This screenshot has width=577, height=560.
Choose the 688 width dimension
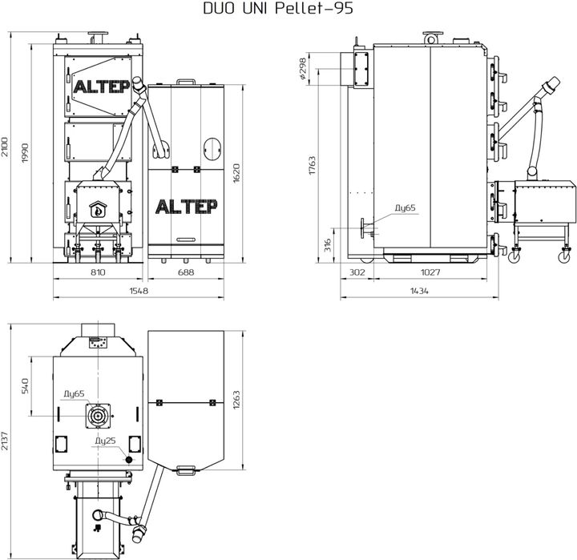[185, 274]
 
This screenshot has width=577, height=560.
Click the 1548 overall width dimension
[139, 292]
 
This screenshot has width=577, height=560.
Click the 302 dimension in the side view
[357, 274]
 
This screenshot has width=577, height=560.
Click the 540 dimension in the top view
[26, 386]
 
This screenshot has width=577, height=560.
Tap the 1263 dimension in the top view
[237, 399]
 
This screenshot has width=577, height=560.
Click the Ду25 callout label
[106, 441]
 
